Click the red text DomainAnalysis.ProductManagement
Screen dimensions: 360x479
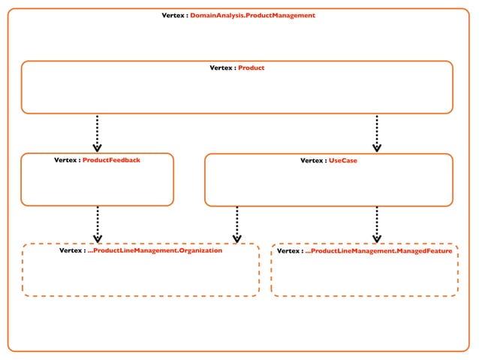(252, 15)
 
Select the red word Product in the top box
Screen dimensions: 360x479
(251, 68)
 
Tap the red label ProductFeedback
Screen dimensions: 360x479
(111, 160)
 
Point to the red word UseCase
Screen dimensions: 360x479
(343, 161)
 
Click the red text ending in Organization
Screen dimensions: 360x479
(155, 251)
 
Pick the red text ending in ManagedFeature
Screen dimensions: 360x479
(378, 251)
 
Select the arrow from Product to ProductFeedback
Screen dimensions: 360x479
(98, 133)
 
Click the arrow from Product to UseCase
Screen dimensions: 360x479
(377, 133)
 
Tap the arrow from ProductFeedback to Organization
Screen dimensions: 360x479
(98, 224)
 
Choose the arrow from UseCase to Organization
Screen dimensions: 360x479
(237, 224)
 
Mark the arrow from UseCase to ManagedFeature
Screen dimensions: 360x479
(377, 224)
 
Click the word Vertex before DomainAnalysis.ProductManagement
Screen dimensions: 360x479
(173, 15)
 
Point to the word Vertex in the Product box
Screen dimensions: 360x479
(221, 68)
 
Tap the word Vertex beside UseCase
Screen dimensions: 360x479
(312, 161)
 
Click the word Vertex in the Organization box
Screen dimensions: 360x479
(71, 251)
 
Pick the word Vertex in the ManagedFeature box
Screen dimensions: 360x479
(289, 251)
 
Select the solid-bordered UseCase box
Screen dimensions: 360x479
(328, 186)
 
